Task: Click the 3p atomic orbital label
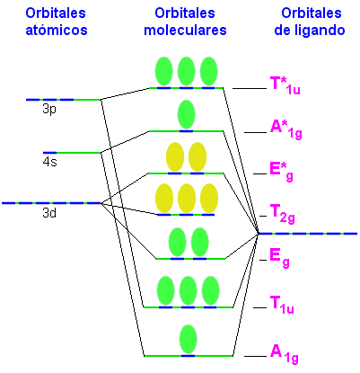(49, 110)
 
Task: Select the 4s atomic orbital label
(49, 162)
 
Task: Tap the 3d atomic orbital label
(49, 213)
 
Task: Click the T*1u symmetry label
(285, 84)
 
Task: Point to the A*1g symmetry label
(286, 129)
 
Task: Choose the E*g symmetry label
(281, 172)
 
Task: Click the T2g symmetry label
(283, 213)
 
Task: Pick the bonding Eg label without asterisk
(279, 258)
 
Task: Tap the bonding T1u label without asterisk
(282, 305)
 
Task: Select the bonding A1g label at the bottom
(285, 353)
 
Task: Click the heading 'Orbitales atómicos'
(57, 22)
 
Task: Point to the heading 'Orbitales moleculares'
(185, 22)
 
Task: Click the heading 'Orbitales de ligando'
(310, 22)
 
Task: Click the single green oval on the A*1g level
(187, 115)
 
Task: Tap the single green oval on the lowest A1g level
(189, 339)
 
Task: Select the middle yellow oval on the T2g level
(187, 199)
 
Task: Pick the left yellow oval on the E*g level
(175, 157)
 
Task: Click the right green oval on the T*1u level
(208, 71)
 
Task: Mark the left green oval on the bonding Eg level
(178, 243)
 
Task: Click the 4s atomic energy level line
(72, 153)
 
